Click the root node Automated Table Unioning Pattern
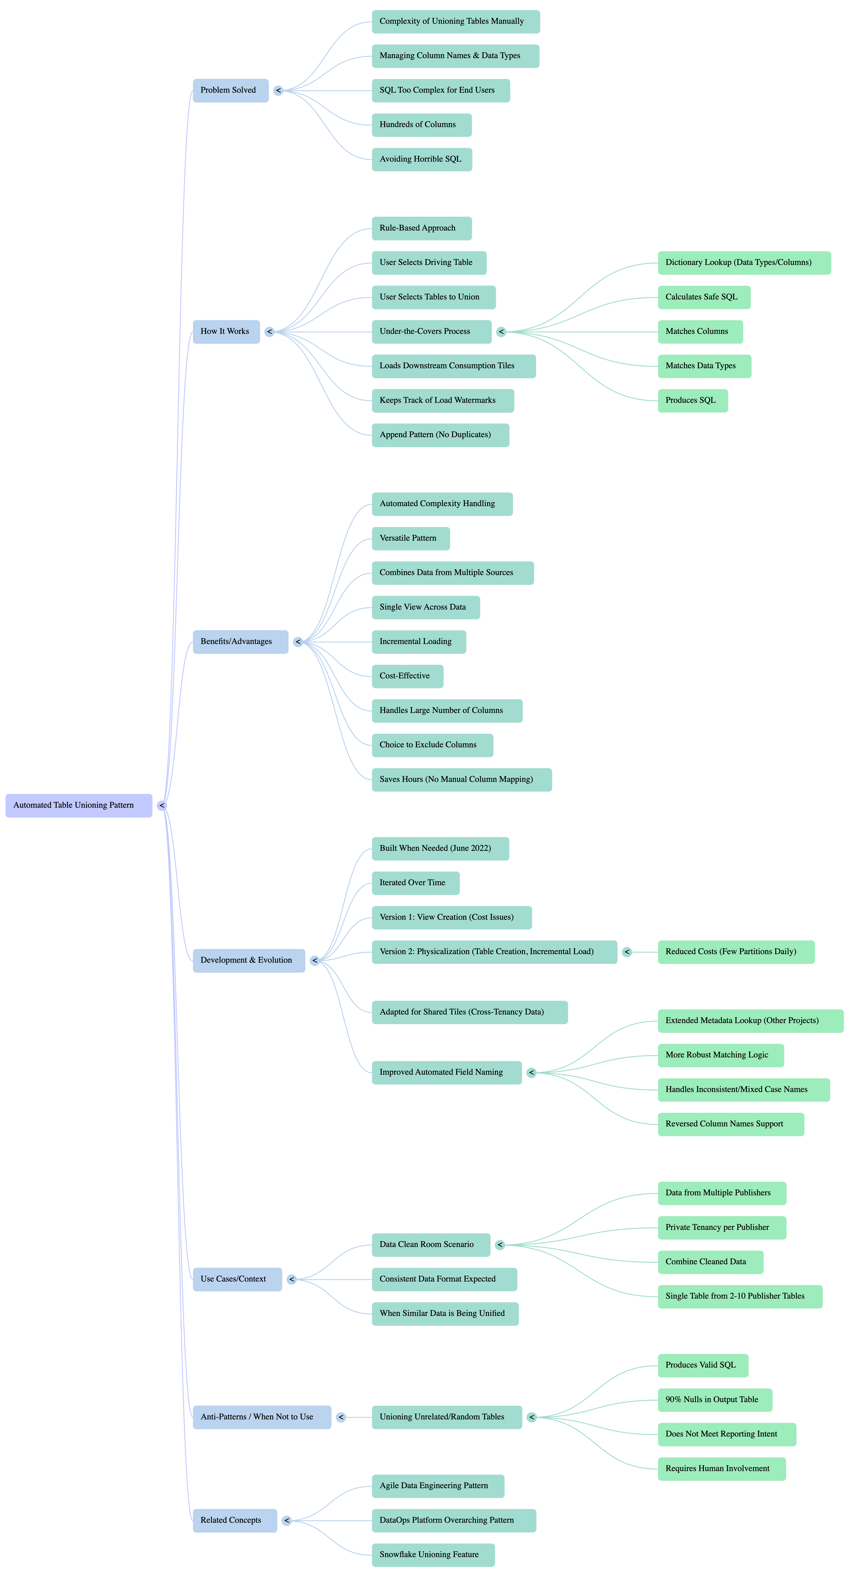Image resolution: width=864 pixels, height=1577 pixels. click(78, 805)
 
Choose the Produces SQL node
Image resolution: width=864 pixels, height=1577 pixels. click(693, 400)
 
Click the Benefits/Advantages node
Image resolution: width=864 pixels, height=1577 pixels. click(240, 642)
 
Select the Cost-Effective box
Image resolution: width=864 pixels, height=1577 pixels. click(407, 676)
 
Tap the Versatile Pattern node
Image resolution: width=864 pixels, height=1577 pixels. click(410, 538)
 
